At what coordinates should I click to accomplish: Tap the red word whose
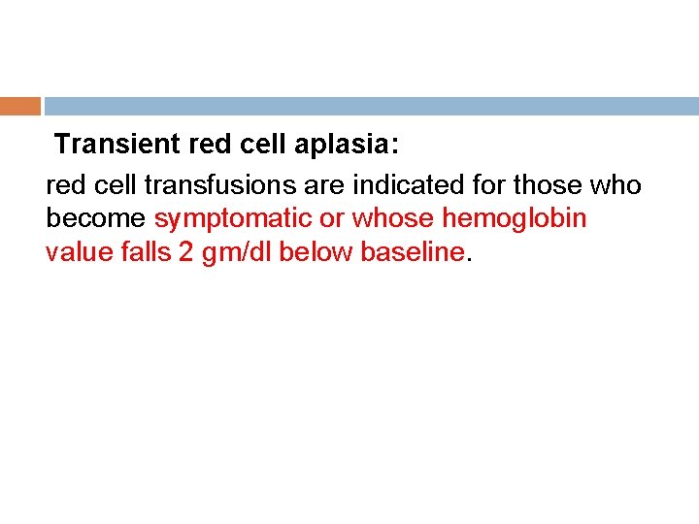tap(393, 218)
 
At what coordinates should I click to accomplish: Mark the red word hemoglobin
tap(515, 218)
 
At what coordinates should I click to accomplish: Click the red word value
tap(76, 252)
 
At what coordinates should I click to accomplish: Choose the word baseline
tap(412, 252)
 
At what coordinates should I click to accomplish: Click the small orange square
tap(20, 106)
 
